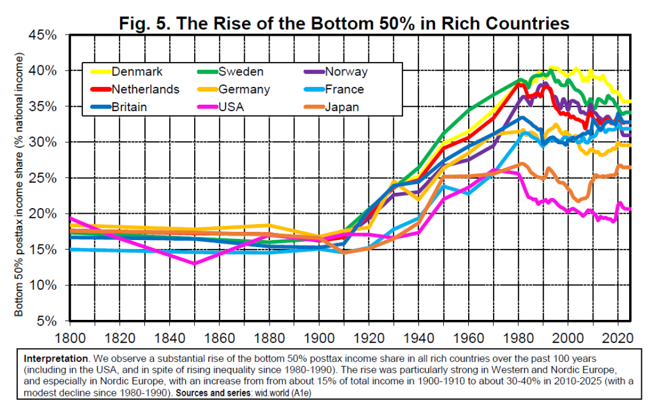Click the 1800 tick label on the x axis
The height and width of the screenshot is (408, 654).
(70, 336)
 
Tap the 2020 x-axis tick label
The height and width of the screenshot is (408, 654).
(618, 336)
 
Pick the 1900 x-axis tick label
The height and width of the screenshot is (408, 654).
(319, 336)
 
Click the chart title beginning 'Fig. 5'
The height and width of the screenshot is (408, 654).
(344, 24)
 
